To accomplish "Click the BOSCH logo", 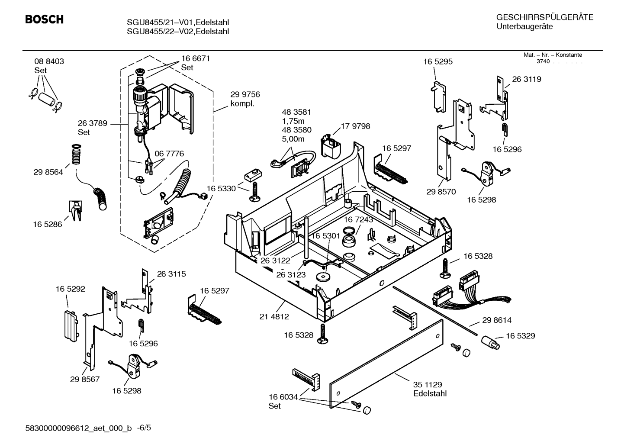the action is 44,19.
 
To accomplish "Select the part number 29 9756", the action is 245,94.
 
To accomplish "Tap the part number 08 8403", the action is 49,61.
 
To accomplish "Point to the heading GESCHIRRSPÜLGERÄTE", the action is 545,17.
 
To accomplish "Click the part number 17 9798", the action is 355,126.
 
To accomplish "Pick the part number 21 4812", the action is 274,317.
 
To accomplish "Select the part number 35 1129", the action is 428,385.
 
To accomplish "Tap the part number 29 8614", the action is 497,320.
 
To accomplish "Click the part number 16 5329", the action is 521,336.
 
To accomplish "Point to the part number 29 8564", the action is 48,172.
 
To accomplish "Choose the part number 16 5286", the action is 47,225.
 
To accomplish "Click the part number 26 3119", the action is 527,79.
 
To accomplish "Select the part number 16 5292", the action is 70,289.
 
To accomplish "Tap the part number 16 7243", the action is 358,220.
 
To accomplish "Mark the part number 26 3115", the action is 171,274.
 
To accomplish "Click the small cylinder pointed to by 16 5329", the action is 490,343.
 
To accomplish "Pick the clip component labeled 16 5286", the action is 75,211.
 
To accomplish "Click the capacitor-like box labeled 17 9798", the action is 331,146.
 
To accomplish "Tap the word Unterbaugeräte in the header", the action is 524,27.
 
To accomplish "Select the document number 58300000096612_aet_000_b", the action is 78,428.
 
